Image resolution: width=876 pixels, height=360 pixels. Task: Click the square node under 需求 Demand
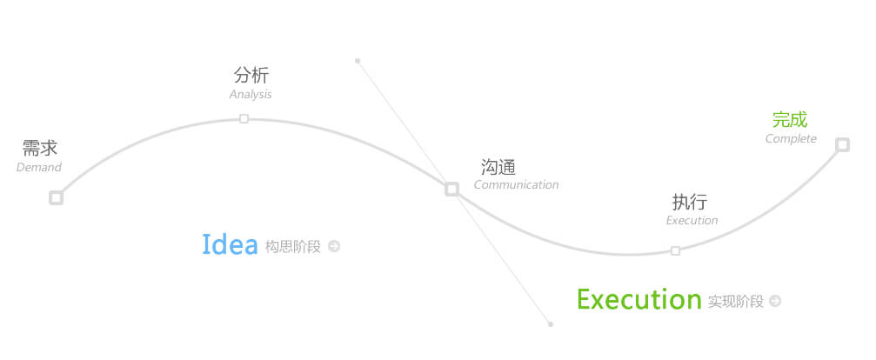[x=56, y=197]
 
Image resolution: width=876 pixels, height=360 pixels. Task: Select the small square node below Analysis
[x=244, y=118]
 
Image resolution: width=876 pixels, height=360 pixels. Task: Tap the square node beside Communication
[x=452, y=190]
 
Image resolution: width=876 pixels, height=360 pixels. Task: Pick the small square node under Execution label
[x=675, y=250]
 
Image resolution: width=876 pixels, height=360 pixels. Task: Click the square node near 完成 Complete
[x=842, y=144]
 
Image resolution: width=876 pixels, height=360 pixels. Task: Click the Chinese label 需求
[x=40, y=148]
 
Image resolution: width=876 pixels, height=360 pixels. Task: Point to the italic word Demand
[x=39, y=167]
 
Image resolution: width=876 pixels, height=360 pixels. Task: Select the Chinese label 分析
[x=251, y=75]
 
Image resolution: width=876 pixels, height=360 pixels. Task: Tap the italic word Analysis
[x=251, y=94]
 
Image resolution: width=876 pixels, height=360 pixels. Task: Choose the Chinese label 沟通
[x=498, y=166]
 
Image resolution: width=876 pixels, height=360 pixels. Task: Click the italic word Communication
[x=516, y=184]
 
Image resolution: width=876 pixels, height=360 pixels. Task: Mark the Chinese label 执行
[x=689, y=202]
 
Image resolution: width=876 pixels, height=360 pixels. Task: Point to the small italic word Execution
[x=692, y=220]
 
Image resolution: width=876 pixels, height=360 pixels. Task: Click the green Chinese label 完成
[x=790, y=119]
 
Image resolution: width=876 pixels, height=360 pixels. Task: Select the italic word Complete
[x=791, y=138]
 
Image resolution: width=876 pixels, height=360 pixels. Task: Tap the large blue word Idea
[x=230, y=244]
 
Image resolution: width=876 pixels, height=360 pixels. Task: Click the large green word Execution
[x=639, y=299]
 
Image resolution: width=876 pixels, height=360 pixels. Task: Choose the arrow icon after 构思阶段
[x=334, y=246]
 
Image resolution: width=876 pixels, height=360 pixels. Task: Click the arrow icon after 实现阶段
[x=775, y=301]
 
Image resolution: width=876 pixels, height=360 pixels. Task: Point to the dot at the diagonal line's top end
[x=358, y=61]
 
